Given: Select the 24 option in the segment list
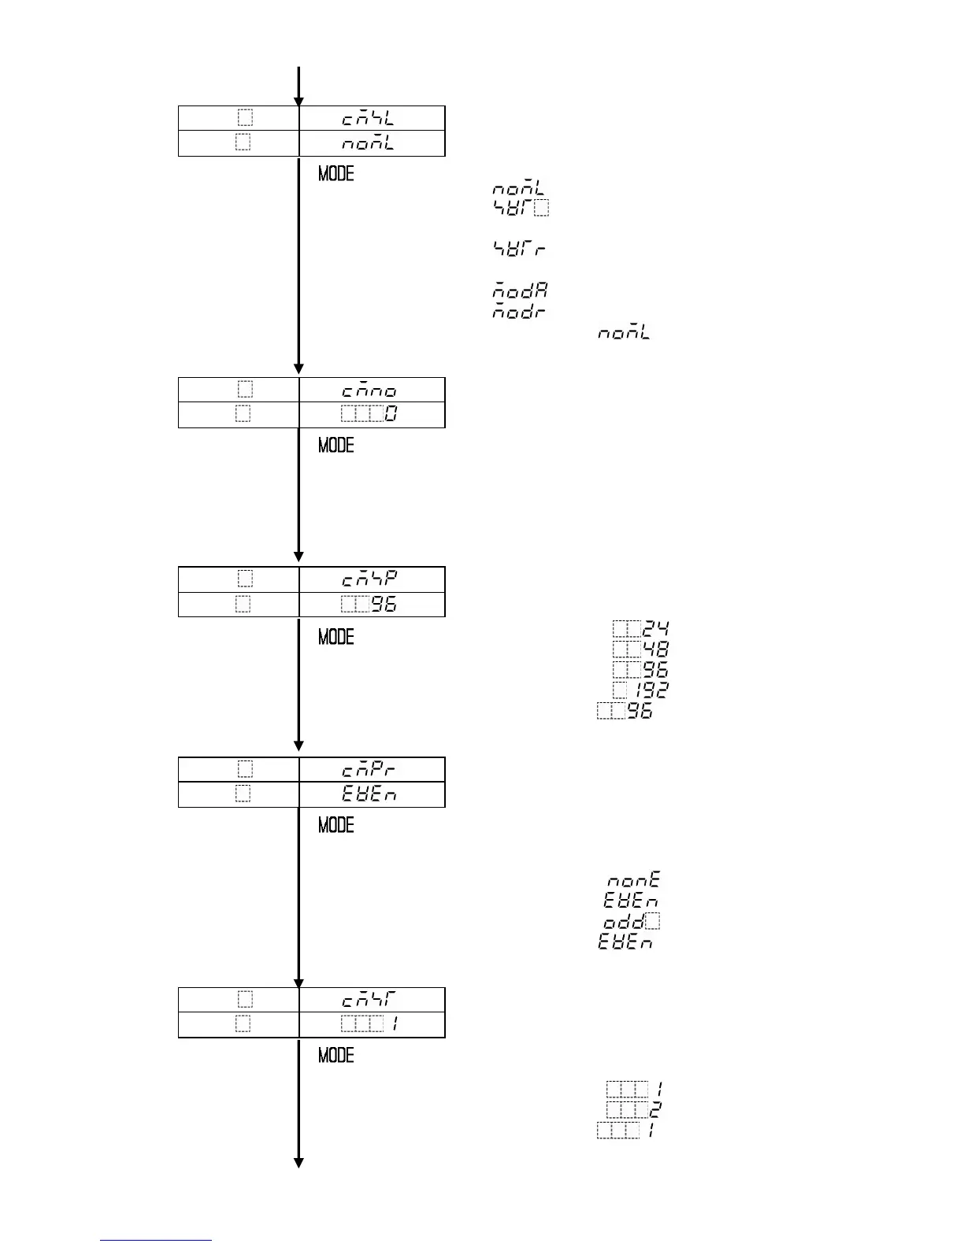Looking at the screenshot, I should pos(655,629).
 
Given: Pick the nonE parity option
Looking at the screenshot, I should pos(632,879).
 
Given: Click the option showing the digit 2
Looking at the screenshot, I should pos(654,1110).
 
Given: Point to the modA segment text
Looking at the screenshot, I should pos(520,290).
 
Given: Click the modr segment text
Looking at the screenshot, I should pos(520,311).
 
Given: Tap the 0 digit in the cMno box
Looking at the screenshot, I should pos(391,413).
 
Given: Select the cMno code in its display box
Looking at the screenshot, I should pos(369,390).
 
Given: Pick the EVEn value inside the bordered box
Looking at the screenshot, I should pos(369,794).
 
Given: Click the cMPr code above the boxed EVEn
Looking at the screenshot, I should pos(369,769).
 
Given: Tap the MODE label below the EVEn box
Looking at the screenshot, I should pos(336,825).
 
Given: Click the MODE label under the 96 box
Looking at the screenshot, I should pos(336,636).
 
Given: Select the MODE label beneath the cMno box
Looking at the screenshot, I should pos(336,445).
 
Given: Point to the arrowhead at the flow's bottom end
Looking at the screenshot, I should pos(298,1163).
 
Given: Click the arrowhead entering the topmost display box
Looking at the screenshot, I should pos(298,101).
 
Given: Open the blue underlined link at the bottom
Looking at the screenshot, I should pos(156,1240).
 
